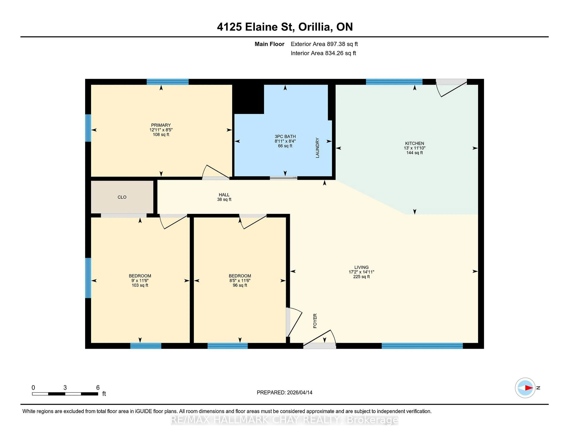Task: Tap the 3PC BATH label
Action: coord(285,137)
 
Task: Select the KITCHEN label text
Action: coord(414,143)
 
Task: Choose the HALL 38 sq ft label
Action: coord(224,197)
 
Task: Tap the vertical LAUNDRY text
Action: coord(317,148)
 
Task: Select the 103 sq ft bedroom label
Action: coord(140,285)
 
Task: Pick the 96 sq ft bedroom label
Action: coord(240,285)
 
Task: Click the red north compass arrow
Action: coord(528,388)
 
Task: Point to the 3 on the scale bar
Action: coord(65,388)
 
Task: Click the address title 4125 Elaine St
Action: coord(285,27)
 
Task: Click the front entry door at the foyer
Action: coord(320,346)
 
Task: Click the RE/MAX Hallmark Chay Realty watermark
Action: coord(284,420)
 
